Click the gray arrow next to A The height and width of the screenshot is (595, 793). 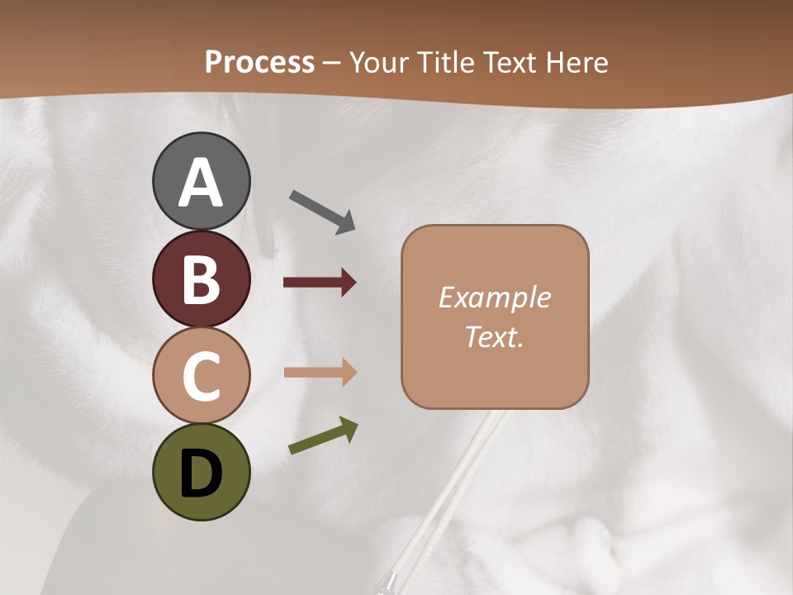pos(322,212)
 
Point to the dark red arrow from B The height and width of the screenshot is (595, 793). pos(320,283)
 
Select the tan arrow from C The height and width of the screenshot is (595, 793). pos(320,372)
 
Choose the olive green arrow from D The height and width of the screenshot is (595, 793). pos(323,436)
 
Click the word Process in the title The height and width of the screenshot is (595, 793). pos(259,63)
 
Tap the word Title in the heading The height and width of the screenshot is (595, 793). pos(444,62)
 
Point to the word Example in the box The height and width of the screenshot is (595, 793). pos(494,297)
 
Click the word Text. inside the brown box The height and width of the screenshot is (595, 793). pos(494,337)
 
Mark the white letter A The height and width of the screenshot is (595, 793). pos(202,183)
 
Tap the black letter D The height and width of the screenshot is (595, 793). pos(201,474)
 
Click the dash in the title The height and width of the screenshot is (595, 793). pos(332,63)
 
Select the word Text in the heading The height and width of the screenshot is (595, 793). pos(510,62)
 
